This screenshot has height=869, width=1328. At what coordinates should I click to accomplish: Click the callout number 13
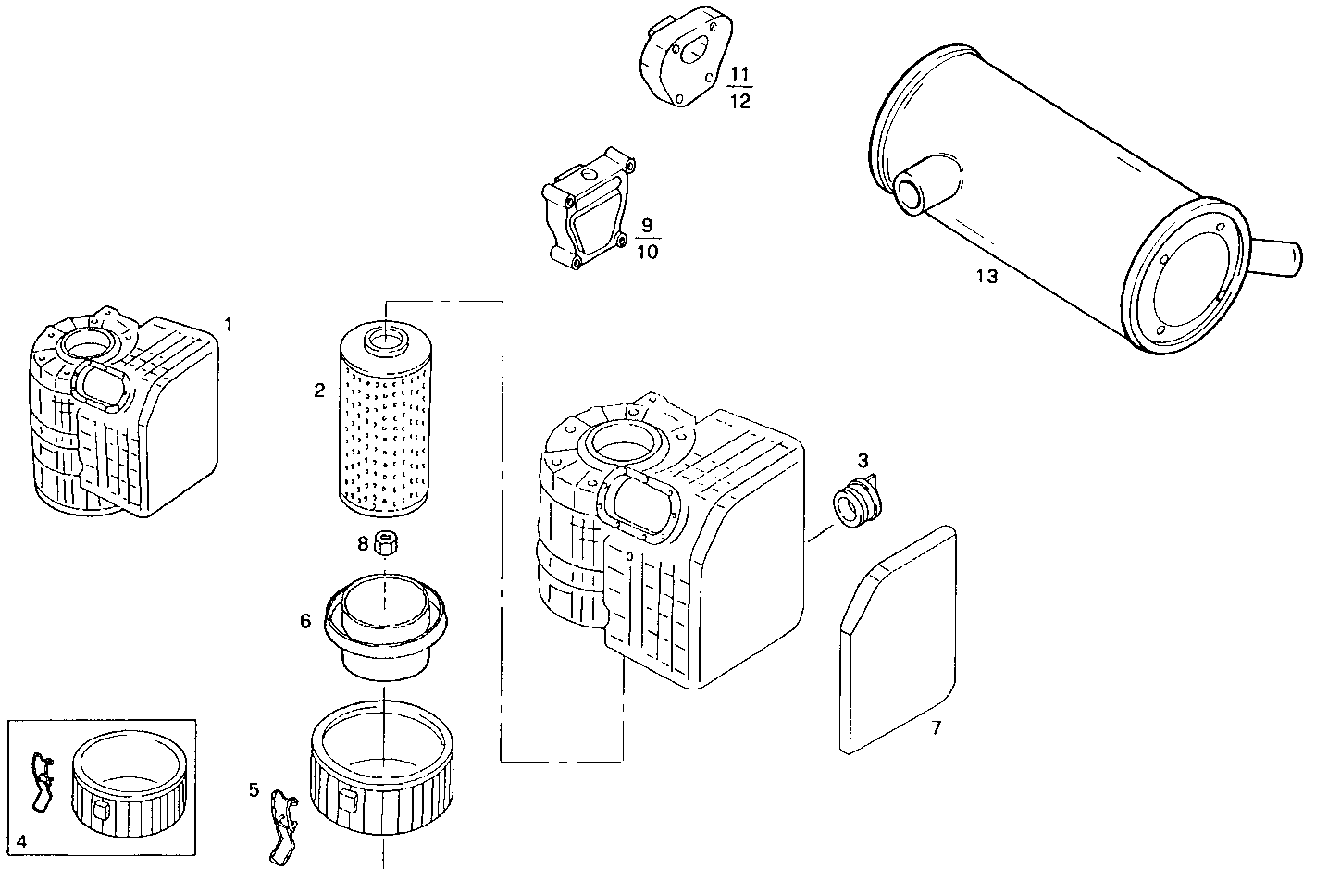(987, 276)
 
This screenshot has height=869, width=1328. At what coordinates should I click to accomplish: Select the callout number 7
(936, 728)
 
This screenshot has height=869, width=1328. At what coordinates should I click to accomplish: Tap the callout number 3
(863, 459)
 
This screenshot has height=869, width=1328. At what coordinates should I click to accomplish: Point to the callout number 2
(319, 391)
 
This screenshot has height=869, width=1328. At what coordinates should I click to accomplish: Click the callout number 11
(740, 73)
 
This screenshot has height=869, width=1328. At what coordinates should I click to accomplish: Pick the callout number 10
(648, 252)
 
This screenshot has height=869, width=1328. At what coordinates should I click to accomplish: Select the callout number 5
(254, 789)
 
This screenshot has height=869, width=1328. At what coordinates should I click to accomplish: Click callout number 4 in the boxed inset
(21, 841)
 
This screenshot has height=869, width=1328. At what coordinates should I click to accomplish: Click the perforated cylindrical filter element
(382, 426)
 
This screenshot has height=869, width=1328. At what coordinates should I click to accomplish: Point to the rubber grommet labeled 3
(860, 503)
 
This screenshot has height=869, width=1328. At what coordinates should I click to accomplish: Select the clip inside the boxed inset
(42, 783)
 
